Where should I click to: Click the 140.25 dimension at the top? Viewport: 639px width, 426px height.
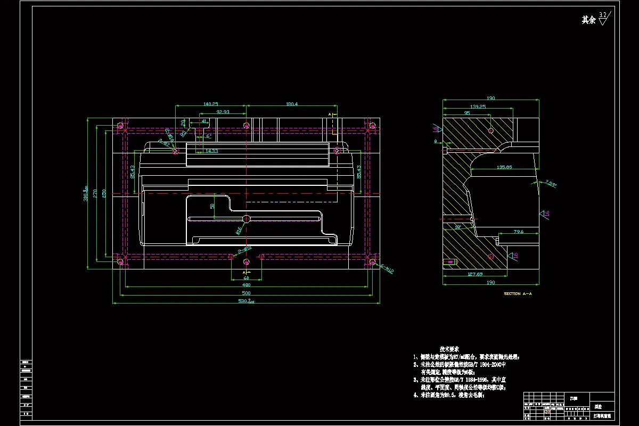(x=210, y=104)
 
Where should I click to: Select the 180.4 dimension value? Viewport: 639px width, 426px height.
(x=292, y=104)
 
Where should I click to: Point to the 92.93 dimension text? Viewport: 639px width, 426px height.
(x=223, y=112)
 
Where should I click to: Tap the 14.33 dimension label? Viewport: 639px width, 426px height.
(x=211, y=151)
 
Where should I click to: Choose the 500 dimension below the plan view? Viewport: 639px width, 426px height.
(x=246, y=293)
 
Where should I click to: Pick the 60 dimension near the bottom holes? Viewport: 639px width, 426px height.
(x=246, y=277)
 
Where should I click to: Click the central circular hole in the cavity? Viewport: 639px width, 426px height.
(x=246, y=218)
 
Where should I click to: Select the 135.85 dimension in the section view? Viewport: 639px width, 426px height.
(x=504, y=167)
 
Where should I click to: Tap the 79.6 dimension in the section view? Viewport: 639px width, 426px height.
(x=519, y=232)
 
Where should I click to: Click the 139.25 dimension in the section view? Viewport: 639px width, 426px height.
(x=478, y=106)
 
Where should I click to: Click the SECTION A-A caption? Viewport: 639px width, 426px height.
(x=518, y=293)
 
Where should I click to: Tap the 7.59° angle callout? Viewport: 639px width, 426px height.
(x=550, y=184)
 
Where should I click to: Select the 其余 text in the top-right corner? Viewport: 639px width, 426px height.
(x=588, y=20)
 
